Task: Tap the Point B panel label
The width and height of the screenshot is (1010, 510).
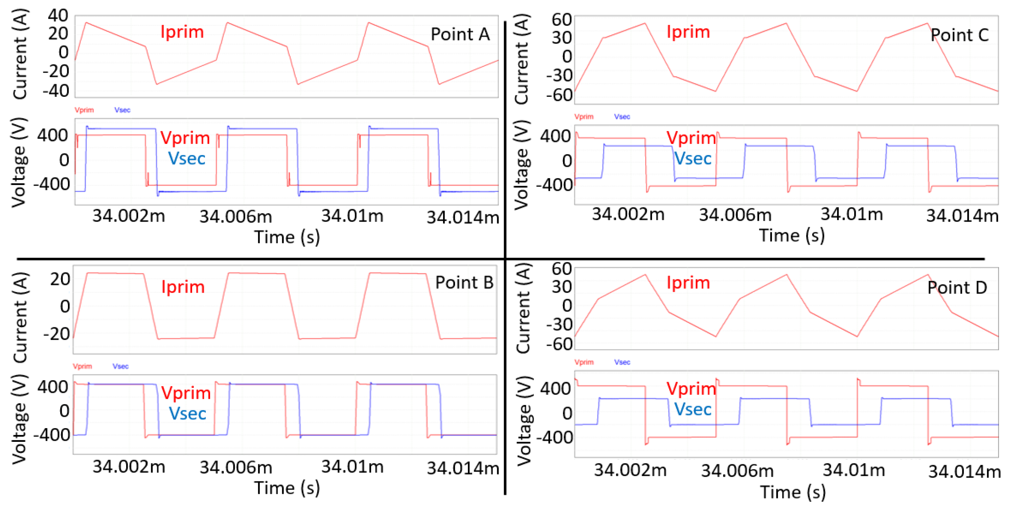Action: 464,283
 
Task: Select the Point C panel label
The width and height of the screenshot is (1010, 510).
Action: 960,35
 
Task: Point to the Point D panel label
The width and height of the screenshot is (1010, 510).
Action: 957,288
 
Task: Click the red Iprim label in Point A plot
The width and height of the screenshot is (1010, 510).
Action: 182,32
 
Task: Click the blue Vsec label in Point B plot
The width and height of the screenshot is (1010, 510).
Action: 188,414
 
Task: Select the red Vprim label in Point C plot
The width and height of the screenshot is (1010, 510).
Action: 691,138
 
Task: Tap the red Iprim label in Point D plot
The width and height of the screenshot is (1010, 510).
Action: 688,283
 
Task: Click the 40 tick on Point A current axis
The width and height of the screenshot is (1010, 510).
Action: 58,16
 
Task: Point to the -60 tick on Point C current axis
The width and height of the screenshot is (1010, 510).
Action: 560,95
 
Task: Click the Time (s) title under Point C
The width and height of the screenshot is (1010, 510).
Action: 792,236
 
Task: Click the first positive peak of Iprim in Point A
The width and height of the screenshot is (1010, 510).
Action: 86,23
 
